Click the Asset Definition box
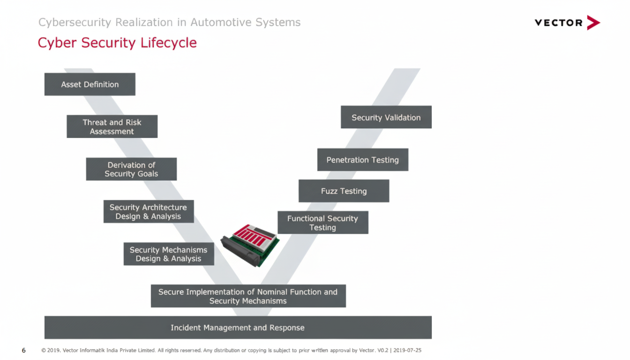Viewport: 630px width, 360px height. point(90,84)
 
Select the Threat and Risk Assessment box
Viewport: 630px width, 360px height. point(112,127)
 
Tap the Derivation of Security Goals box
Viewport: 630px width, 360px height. point(131,169)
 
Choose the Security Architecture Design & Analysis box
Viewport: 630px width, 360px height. point(148,212)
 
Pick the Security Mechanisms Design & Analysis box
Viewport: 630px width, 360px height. point(169,254)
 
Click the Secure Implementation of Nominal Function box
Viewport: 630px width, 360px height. point(248,296)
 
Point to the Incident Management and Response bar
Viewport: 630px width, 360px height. point(238,328)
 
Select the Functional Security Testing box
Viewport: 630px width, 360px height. point(322,223)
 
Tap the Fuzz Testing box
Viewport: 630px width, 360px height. point(344,191)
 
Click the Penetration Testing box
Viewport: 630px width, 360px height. point(362,160)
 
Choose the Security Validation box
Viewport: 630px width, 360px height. point(386,117)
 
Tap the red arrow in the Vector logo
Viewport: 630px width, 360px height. point(593,22)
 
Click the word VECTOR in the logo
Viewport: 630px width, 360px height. point(558,22)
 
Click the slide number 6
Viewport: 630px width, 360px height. point(24,350)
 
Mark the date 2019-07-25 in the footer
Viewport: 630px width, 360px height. point(407,350)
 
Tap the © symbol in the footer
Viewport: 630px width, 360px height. point(44,350)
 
